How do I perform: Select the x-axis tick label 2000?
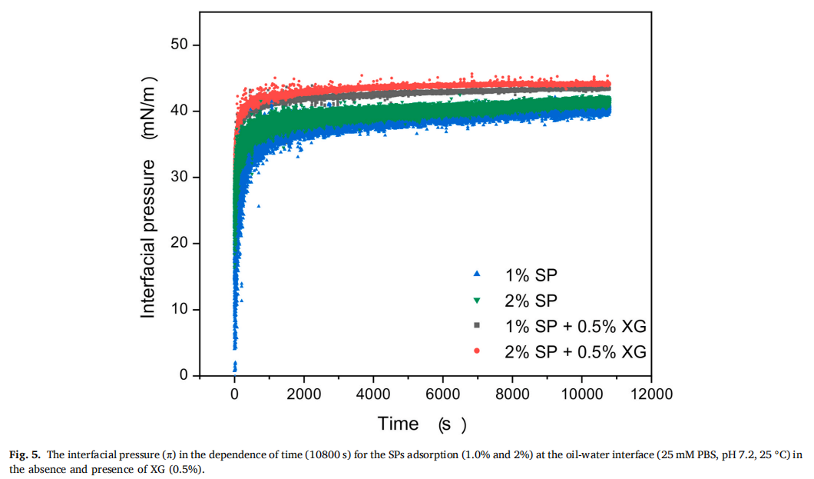point(304,394)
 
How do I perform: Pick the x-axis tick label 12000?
point(650,394)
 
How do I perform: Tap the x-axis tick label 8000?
point(512,394)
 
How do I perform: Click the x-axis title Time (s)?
point(422,424)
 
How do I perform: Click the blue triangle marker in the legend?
point(477,274)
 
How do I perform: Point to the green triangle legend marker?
point(477,300)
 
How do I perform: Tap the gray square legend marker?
point(477,326)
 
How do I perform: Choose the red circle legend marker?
point(477,351)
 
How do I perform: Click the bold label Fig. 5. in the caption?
point(25,454)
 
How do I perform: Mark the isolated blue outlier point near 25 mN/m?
point(259,206)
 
